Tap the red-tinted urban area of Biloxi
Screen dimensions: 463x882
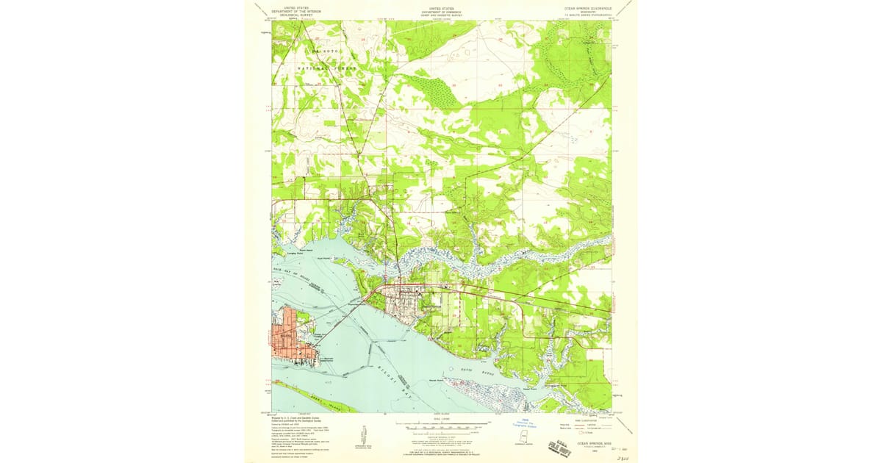click(286, 337)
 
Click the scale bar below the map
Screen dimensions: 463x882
click(441, 424)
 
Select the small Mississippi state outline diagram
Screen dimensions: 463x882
click(524, 439)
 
